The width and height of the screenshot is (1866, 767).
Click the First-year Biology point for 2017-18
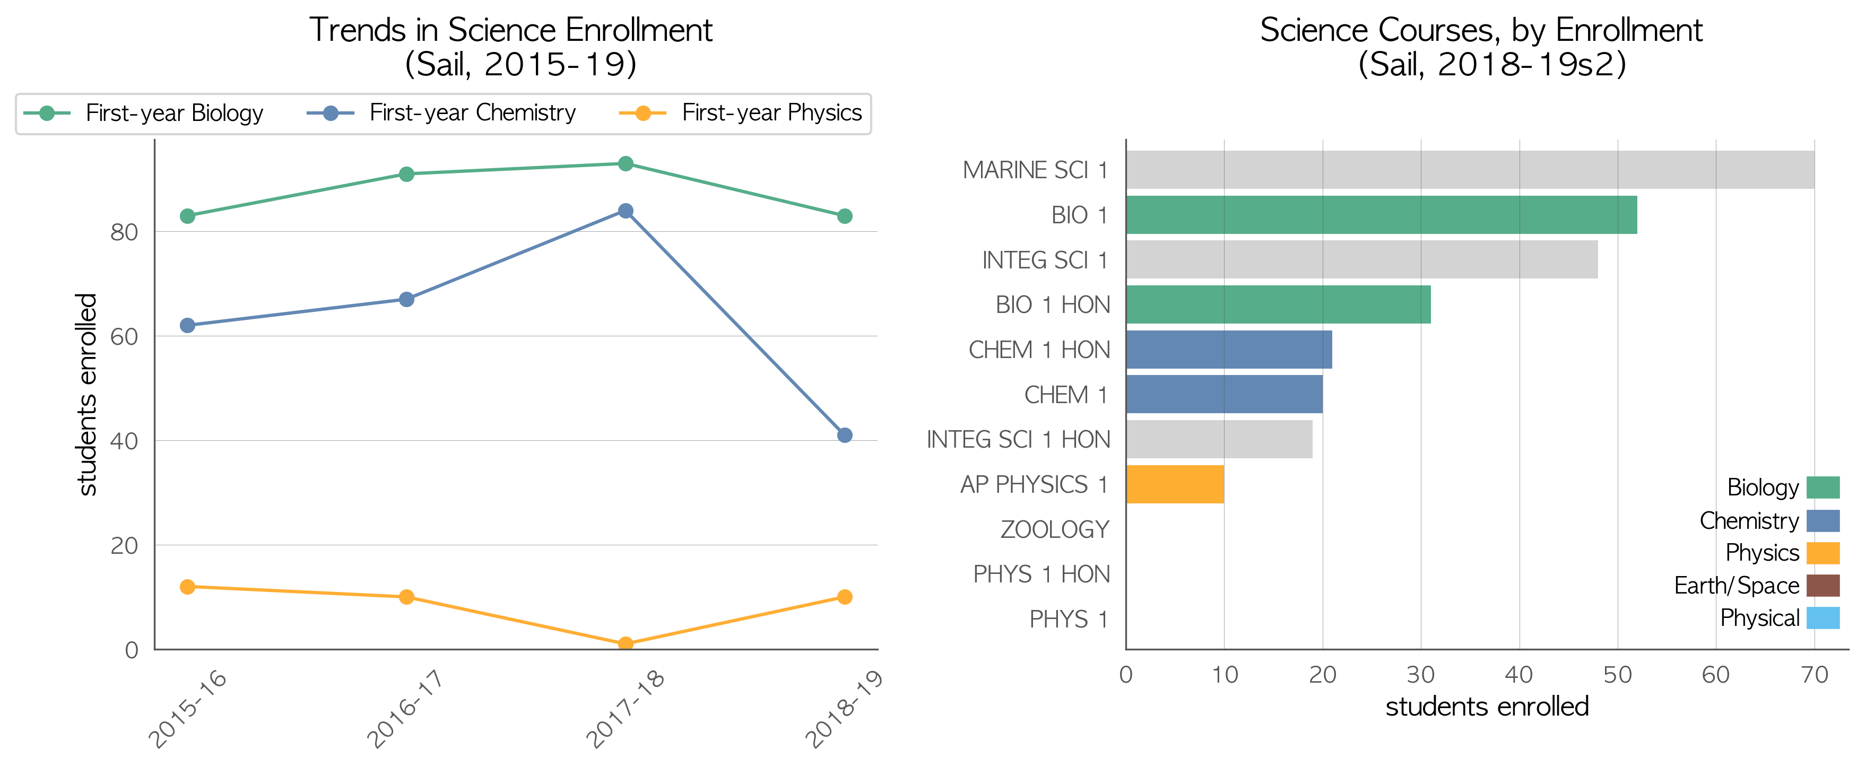(625, 164)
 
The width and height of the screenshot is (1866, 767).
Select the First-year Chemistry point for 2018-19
(844, 435)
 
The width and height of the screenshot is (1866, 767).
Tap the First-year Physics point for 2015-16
(188, 587)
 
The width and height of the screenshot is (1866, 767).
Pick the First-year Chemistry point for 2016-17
(406, 299)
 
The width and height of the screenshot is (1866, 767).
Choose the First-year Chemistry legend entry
(441, 113)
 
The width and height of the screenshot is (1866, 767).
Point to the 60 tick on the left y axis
(124, 337)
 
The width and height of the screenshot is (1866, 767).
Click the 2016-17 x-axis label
(404, 708)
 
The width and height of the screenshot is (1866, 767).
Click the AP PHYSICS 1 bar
(1175, 484)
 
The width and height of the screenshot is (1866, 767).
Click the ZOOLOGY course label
(1055, 529)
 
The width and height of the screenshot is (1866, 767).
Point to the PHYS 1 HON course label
(1041, 574)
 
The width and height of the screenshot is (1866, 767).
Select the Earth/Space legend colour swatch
(1822, 585)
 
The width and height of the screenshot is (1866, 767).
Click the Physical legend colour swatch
(1822, 618)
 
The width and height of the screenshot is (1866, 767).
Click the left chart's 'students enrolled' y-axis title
(87, 395)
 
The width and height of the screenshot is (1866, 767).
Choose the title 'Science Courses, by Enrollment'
(1481, 30)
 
